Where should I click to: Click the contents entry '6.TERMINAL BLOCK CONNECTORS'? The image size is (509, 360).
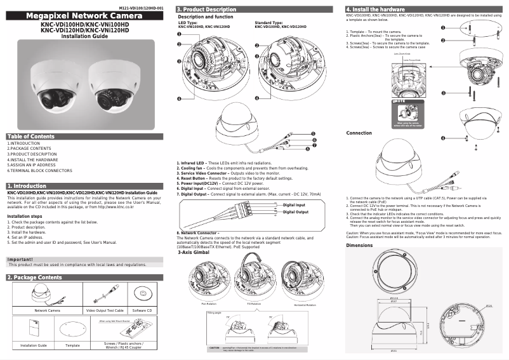click(x=39, y=171)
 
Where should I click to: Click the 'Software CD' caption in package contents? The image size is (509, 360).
click(x=142, y=310)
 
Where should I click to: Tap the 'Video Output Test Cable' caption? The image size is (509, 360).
click(x=103, y=310)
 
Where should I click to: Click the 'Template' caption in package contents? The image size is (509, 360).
click(x=72, y=345)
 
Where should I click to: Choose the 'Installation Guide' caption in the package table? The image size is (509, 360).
click(x=34, y=345)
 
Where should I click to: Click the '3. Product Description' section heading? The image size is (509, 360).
click(x=206, y=10)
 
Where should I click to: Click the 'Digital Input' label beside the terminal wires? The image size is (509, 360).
click(x=294, y=205)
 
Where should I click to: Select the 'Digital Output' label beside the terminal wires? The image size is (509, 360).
click(x=295, y=211)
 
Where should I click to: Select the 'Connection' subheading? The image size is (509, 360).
click(x=359, y=133)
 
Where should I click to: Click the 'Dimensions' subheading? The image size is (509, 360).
click(x=359, y=244)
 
